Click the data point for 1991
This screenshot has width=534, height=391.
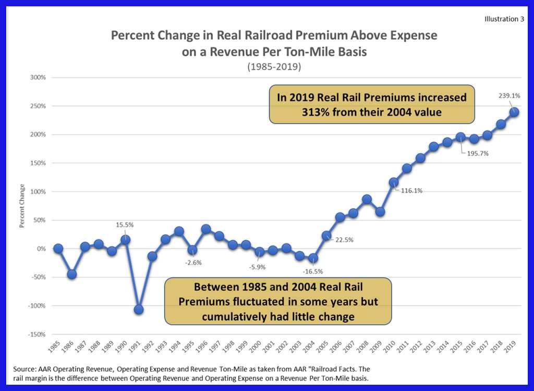tap(139, 310)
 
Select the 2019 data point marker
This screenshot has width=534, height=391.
tap(514, 112)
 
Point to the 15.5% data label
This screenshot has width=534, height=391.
tap(125, 225)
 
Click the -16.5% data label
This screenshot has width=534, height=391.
tap(313, 271)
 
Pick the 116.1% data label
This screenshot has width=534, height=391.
tap(412, 191)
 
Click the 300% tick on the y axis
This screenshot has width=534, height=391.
tap(38, 77)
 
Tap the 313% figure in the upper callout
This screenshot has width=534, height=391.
tap(321, 112)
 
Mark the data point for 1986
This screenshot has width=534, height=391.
tap(72, 274)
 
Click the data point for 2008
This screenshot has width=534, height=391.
tap(367, 199)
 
